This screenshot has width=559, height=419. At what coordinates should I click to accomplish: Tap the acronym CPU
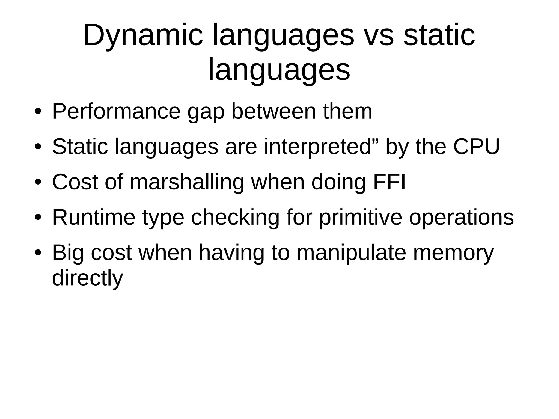click(476, 147)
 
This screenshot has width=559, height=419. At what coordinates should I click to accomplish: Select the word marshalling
click(187, 182)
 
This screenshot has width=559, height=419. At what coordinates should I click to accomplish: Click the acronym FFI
click(389, 182)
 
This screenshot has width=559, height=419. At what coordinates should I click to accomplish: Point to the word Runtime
click(94, 218)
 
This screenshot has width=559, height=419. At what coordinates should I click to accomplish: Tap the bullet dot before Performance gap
click(38, 111)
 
